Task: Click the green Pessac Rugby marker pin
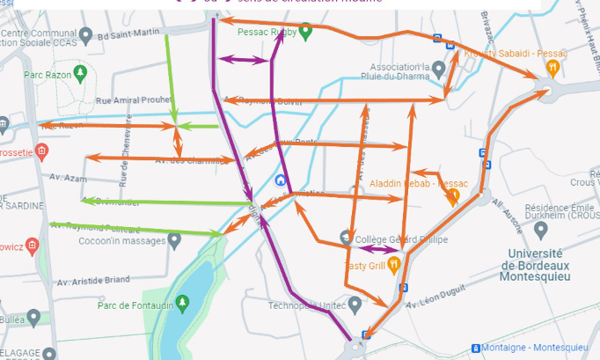(306, 32)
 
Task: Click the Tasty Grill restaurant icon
(393, 262)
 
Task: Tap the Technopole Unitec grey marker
(355, 305)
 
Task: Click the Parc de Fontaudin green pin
(182, 303)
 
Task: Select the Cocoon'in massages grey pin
(175, 239)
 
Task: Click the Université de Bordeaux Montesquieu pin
(540, 231)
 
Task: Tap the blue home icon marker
(281, 180)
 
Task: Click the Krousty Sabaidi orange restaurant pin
(552, 66)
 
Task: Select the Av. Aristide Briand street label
(93, 282)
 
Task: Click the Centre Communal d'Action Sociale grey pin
(85, 35)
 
